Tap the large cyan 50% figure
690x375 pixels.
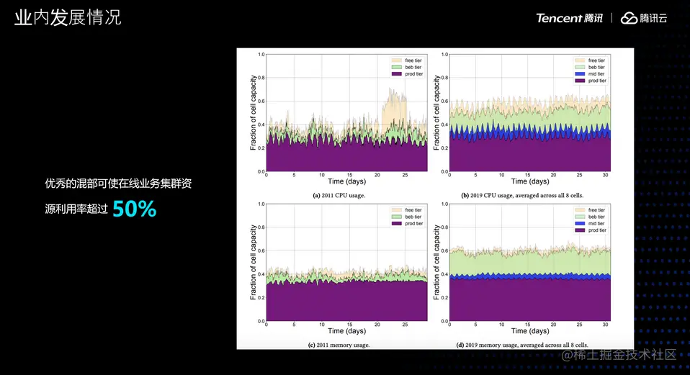tap(135, 209)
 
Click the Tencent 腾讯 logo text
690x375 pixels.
tap(569, 18)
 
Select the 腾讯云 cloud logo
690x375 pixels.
tap(644, 18)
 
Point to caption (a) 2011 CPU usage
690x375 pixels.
tap(336, 195)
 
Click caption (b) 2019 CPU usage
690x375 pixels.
tap(522, 195)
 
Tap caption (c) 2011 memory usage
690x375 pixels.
tap(339, 345)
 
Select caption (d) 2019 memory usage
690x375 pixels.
tap(522, 345)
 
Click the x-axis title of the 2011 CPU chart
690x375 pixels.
tap(346, 182)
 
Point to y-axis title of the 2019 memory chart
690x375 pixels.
tap(436, 263)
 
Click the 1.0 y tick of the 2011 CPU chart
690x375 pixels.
tap(261, 54)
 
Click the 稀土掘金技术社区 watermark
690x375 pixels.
tap(619, 355)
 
